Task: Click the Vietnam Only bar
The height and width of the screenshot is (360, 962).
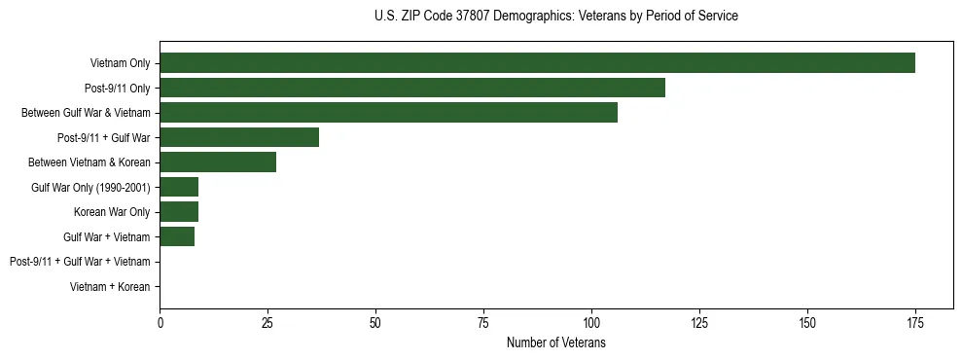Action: [x=537, y=63]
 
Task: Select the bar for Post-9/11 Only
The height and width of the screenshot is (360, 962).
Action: [x=412, y=88]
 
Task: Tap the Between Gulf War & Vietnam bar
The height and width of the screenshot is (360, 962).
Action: [x=388, y=113]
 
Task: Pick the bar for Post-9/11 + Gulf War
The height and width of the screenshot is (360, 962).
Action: [x=239, y=137]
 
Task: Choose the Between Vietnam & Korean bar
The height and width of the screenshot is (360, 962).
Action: [x=218, y=162]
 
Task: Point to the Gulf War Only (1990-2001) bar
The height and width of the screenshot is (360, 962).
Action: [x=179, y=187]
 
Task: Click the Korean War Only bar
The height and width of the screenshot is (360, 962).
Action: [x=179, y=211]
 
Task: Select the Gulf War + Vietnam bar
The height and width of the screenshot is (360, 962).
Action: [x=177, y=236]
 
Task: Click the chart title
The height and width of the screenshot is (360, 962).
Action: [x=555, y=17]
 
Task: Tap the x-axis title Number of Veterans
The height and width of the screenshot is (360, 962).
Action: [x=555, y=342]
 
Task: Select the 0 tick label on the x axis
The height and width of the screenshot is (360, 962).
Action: [x=160, y=322]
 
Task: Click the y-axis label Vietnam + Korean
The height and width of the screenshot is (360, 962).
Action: [x=110, y=286]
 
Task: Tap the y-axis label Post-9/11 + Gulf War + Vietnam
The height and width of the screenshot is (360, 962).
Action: [x=80, y=261]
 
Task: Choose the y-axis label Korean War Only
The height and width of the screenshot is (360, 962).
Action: [x=112, y=211]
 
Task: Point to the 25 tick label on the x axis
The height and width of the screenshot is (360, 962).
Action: [x=267, y=322]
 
